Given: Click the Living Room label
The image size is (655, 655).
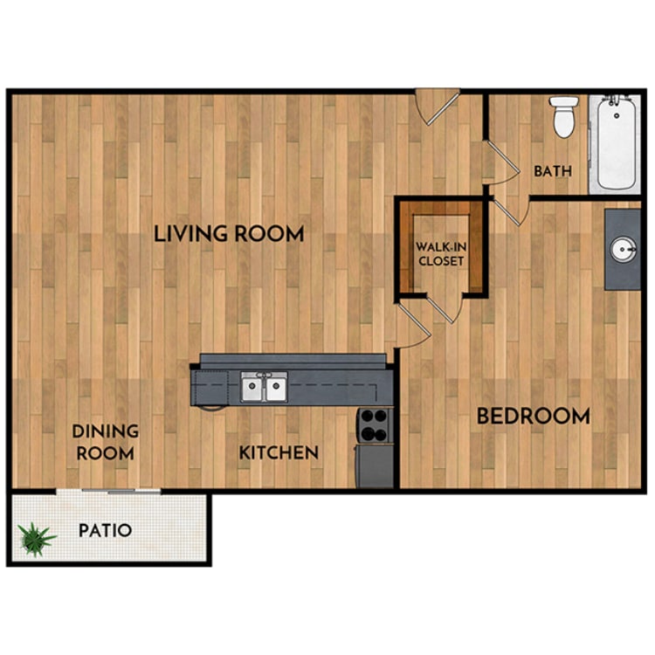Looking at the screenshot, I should click(x=229, y=234).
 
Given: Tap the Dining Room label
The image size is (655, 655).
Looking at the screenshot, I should click(x=105, y=442).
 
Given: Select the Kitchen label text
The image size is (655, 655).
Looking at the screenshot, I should click(x=279, y=452).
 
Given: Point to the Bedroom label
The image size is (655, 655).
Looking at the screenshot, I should click(x=533, y=417).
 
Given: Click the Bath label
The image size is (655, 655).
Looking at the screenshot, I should click(x=553, y=171).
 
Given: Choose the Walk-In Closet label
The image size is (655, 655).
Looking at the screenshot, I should click(x=439, y=253).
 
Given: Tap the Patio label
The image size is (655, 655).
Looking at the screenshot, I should click(x=105, y=530).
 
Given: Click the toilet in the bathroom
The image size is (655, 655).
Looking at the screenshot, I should click(x=565, y=117).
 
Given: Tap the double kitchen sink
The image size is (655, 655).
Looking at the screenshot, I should click(x=264, y=387).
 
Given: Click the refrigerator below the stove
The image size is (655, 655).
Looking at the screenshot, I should click(x=376, y=466).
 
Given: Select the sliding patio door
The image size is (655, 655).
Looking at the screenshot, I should click(x=109, y=491).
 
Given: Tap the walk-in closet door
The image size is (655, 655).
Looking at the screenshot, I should click(x=443, y=308).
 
